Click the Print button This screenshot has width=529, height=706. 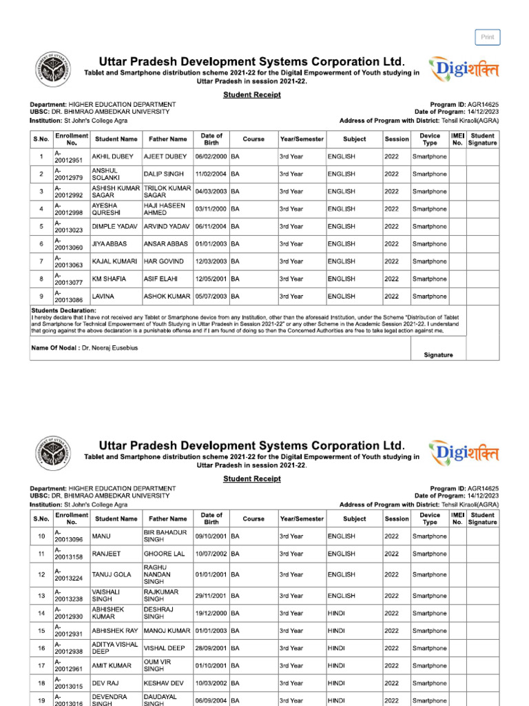point(487,37)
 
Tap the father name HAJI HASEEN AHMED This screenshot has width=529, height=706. point(165,209)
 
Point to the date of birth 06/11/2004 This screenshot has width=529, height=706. point(211,226)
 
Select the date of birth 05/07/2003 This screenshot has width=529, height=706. point(211,296)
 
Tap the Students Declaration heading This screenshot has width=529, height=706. point(63,311)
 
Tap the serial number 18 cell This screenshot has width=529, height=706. point(41,683)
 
